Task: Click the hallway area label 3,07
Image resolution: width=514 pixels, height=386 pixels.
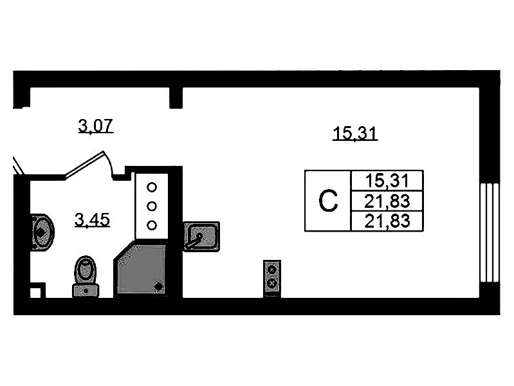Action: tap(96, 125)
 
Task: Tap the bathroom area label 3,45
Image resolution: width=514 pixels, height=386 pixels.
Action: tap(93, 221)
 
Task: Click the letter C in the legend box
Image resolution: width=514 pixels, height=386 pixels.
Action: tap(328, 202)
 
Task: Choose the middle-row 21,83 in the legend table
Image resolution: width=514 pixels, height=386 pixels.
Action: tap(386, 201)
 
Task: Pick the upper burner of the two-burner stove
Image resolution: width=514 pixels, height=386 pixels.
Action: tap(272, 268)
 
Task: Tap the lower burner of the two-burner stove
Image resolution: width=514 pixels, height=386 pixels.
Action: tap(272, 282)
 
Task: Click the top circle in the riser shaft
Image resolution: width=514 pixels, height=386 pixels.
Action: tap(152, 187)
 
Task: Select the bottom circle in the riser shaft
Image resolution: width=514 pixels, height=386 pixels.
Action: tap(152, 225)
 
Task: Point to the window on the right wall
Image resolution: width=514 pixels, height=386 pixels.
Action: tap(490, 232)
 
